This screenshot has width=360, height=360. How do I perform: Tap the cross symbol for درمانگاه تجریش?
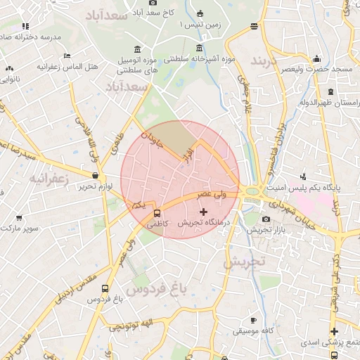tap(204, 211)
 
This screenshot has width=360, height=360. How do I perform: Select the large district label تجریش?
tap(245, 262)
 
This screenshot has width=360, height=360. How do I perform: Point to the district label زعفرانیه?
tap(49, 179)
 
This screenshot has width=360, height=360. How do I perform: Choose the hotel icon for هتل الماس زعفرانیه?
tap(67, 56)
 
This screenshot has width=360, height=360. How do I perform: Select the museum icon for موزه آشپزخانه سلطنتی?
tap(200, 49)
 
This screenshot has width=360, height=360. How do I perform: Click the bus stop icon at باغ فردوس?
tap(105, 288)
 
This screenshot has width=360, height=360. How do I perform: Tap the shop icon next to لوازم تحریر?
tap(95, 175)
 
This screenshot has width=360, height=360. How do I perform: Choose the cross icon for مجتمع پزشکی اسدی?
tap(333, 331)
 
